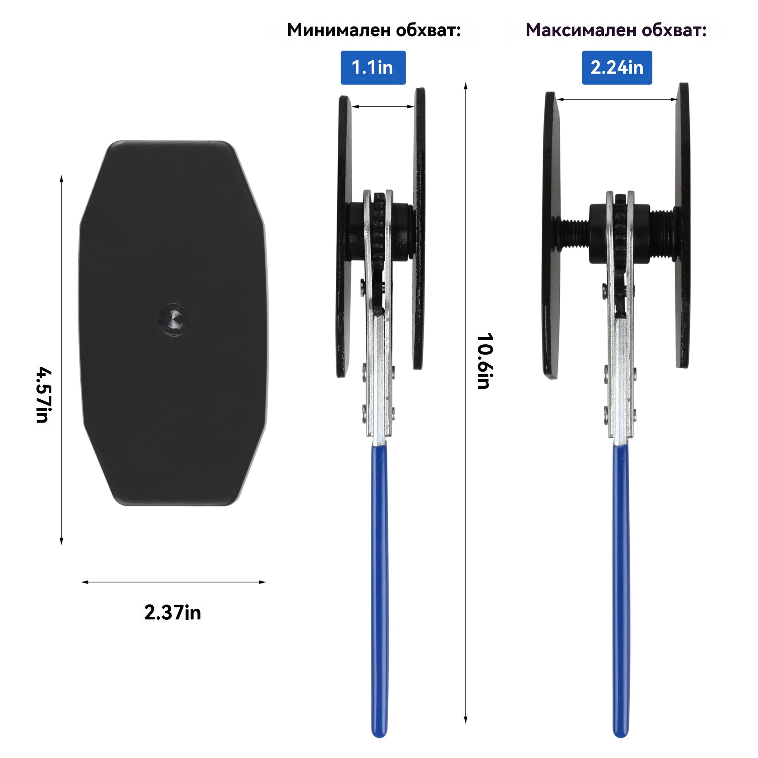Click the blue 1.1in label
point(373,67)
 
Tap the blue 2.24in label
point(617,67)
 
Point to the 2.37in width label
point(173,612)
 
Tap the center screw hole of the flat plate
point(173,319)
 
